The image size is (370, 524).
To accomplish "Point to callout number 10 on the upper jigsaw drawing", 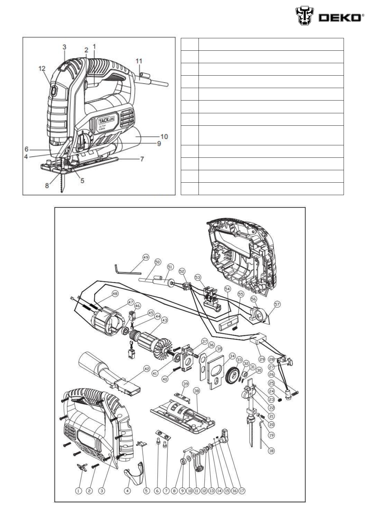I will pos(164,136).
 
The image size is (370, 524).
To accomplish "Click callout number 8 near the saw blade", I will pos(47,185).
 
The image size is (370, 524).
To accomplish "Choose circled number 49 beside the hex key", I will pos(146,257).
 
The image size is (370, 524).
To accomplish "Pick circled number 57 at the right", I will pos(277,303).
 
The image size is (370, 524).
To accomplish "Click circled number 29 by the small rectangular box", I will pos(262,359).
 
